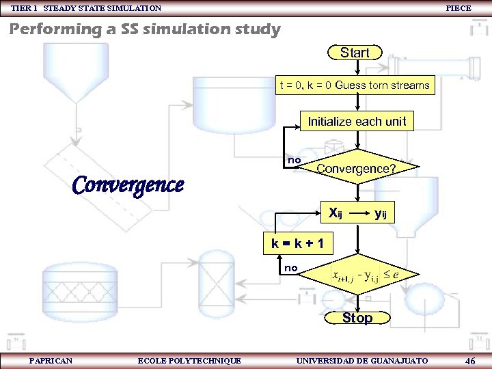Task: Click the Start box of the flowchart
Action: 355,53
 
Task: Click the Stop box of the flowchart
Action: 357,318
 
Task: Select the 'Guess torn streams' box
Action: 355,85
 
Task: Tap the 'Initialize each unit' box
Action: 356,122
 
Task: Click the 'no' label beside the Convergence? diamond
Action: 294,160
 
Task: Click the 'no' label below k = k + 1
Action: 291,268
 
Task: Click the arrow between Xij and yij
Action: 359,213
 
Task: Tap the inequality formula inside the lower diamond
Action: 365,275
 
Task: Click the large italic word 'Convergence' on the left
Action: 128,185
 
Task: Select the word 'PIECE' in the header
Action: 458,8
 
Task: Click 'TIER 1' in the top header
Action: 25,8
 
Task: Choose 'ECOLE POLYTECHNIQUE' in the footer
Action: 189,360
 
